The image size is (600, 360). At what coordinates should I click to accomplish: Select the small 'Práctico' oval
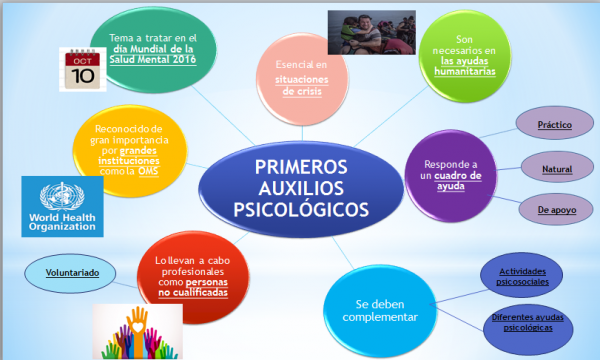554,125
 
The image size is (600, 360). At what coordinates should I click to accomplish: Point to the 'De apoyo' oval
554,209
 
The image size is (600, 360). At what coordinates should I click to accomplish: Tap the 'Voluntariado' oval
69,271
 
